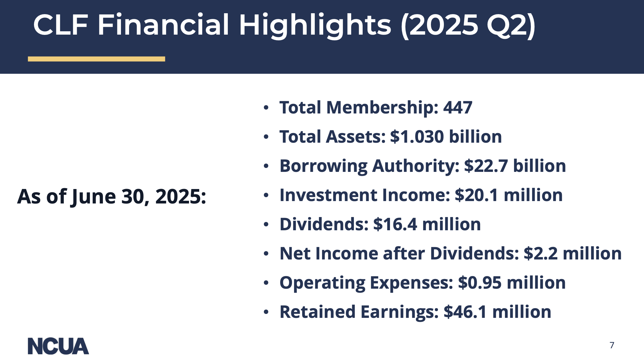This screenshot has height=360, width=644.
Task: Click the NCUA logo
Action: pos(58,346)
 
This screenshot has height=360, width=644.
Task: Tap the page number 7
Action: pos(612,345)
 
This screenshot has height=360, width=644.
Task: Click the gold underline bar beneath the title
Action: pos(96,59)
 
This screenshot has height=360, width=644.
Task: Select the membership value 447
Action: pos(458,107)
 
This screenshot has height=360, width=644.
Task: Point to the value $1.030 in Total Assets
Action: pos(417,137)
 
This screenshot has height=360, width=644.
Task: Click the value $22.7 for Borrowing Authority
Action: pos(486,166)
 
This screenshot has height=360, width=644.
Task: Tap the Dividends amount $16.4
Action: pos(395,224)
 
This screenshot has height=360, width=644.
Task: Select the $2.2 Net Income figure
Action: pos(541,253)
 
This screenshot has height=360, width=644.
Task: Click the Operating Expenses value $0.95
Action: pos(480,283)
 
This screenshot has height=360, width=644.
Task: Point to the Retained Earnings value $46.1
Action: pos(465,312)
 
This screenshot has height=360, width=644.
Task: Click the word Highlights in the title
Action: pos(315,25)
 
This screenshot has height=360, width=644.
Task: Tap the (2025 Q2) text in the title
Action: pos(468,26)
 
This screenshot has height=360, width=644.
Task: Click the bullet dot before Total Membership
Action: pos(266,107)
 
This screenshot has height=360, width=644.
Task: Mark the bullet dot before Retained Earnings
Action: pos(266,312)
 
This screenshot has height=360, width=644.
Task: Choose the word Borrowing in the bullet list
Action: pos(324,166)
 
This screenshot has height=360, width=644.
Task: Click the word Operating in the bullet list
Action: pos(322,283)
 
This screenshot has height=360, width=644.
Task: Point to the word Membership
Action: pos(382,108)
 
